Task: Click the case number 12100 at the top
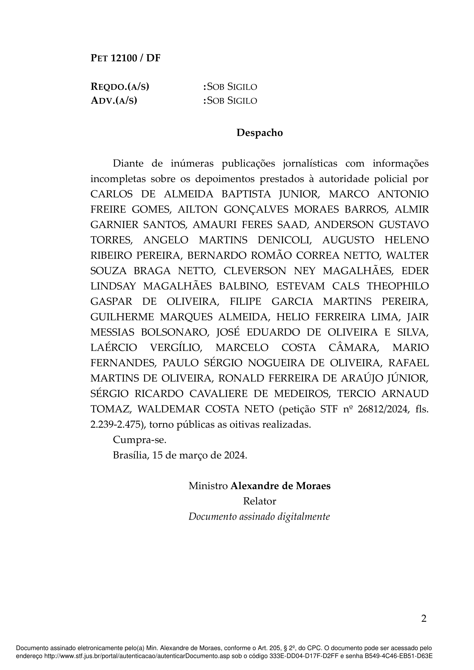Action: pyautogui.click(x=124, y=58)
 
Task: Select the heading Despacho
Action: pyautogui.click(x=259, y=133)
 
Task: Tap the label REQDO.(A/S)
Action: pyautogui.click(x=120, y=87)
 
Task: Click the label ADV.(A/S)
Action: pyautogui.click(x=114, y=100)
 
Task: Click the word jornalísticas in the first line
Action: pyautogui.click(x=310, y=163)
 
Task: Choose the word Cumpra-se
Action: pyautogui.click(x=140, y=440)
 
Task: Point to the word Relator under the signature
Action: pyautogui.click(x=259, y=501)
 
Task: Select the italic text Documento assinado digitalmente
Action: pyautogui.click(x=259, y=517)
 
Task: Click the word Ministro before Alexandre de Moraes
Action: pyautogui.click(x=208, y=486)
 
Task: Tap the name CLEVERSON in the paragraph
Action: pyautogui.click(x=255, y=271)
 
